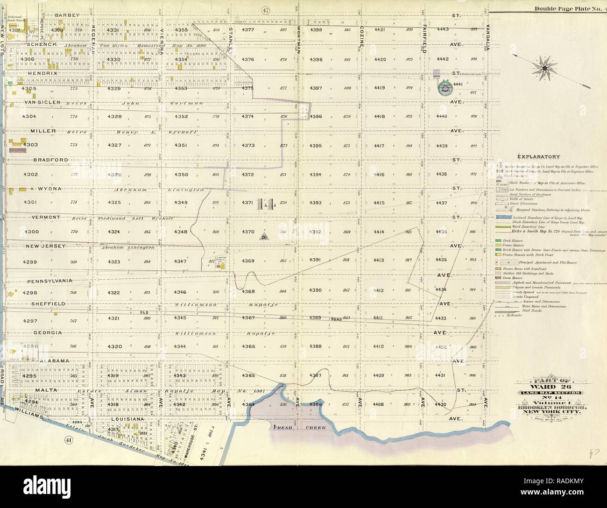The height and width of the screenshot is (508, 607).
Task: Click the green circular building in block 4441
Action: (445, 87)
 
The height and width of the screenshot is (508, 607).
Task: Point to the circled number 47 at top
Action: (267, 11)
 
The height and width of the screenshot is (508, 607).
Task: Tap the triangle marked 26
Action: (263, 237)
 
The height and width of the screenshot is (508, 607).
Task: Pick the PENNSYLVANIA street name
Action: (49, 281)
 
